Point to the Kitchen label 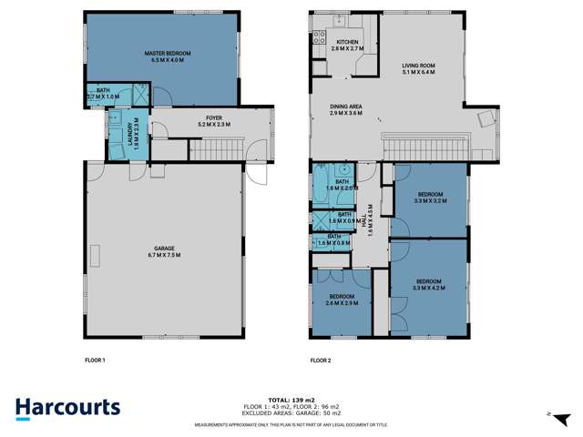[348, 46]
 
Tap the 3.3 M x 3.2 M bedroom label [431, 198]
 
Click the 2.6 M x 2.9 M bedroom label [342, 300]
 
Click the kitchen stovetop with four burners [321, 37]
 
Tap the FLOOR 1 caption [94, 361]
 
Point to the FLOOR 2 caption [320, 361]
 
